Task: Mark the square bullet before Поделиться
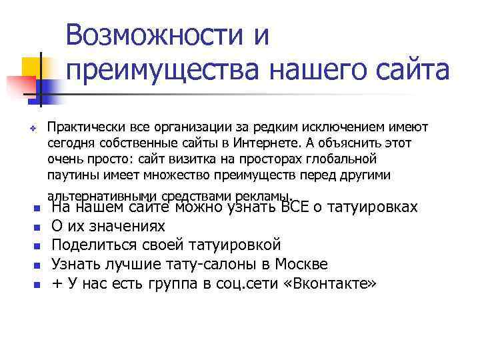point(37,247)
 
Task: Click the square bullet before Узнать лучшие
point(37,265)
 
